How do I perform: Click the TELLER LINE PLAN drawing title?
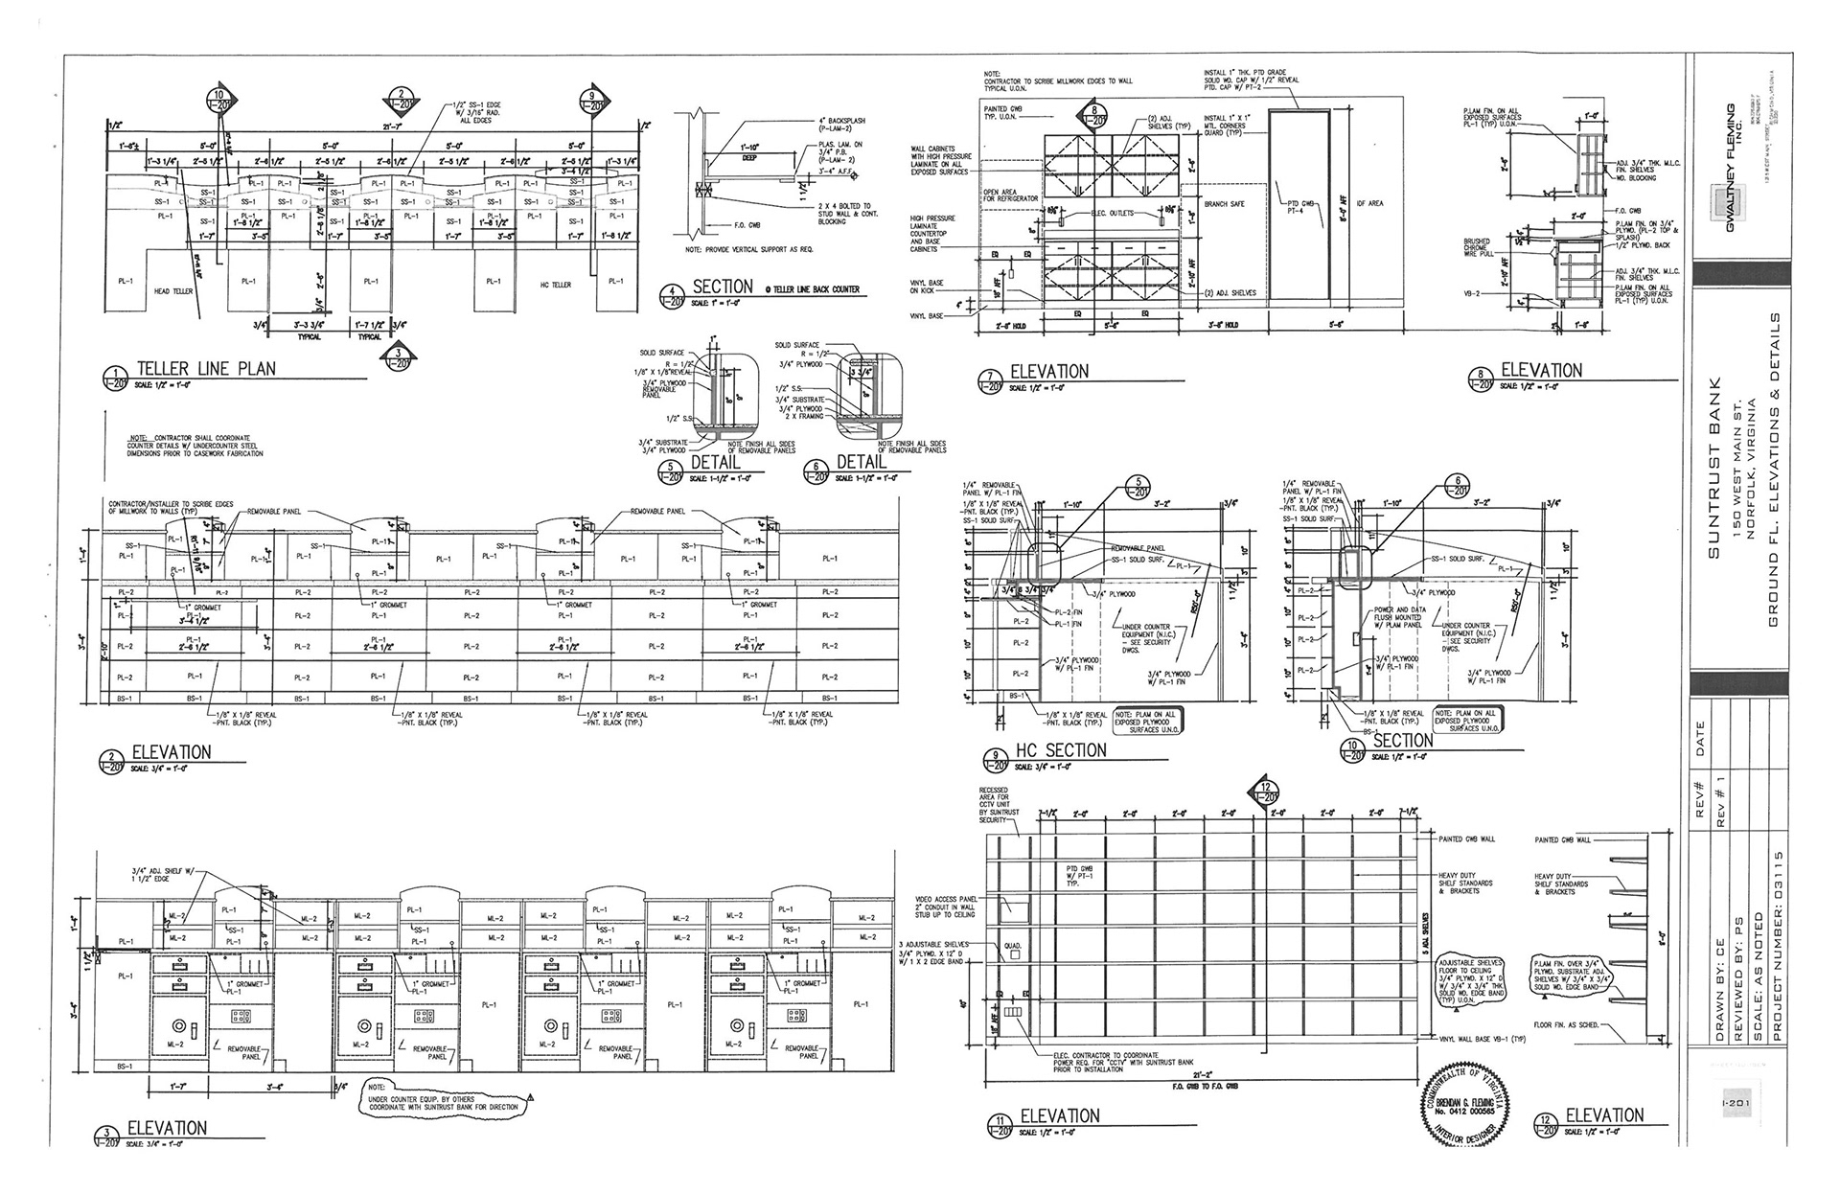click(x=206, y=369)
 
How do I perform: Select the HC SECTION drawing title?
click(x=1062, y=750)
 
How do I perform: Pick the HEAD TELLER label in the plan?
click(x=173, y=291)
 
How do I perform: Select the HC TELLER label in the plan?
click(x=556, y=285)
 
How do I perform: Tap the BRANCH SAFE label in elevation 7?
click(x=1223, y=204)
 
